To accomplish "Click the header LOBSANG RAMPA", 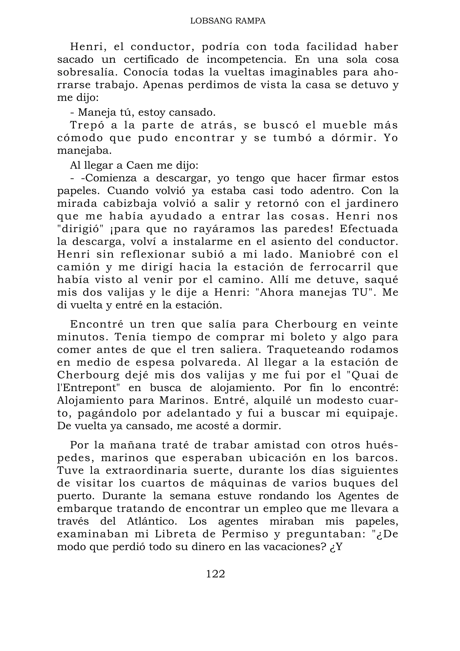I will (x=228, y=21).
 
